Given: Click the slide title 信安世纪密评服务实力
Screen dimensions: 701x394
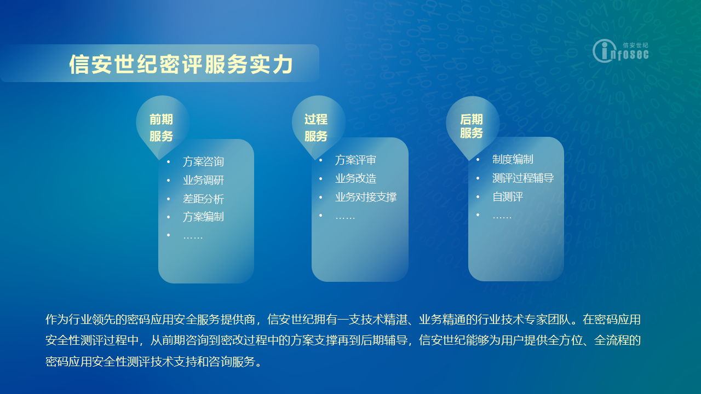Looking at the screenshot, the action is pos(181,65).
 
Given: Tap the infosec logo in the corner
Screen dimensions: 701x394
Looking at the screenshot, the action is pos(620,51).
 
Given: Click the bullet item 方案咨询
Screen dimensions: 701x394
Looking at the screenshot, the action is pos(203,161).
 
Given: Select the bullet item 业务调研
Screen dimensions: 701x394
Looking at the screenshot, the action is pos(203,180).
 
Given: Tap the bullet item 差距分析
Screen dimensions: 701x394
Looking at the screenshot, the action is pos(203,199).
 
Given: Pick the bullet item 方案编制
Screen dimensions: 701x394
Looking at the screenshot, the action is pos(203,217).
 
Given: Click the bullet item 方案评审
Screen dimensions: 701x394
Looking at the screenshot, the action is pos(355,160).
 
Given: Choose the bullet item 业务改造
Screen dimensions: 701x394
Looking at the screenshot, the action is pos(355,178).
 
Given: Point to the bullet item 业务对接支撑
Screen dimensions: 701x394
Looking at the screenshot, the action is pos(366,197).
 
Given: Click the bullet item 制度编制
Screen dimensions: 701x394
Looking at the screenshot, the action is pos(513,159).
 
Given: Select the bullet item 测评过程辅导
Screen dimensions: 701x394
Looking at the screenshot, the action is pos(523,178).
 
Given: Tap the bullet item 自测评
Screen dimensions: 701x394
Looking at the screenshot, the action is pos(508,196).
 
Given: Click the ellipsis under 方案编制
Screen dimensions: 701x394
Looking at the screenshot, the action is pos(193,237).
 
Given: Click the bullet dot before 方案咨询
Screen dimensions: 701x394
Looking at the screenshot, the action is pos(169,161).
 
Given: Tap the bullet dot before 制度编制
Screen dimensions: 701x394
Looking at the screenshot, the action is pos(478,159).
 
